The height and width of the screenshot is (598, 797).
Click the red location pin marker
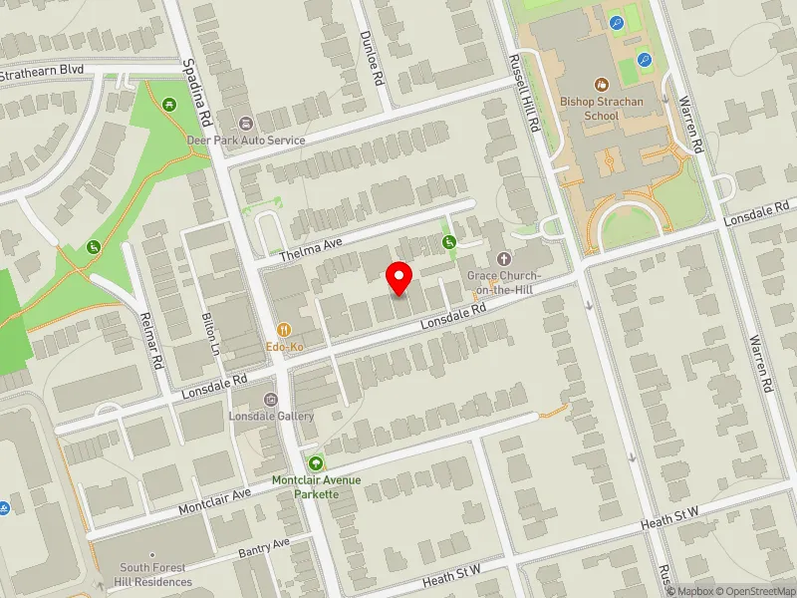(398, 278)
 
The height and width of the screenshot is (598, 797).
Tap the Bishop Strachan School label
(603, 109)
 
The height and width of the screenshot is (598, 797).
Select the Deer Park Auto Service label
(245, 141)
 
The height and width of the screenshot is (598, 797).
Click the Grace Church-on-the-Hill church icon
(503, 258)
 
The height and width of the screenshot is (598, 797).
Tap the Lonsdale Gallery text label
(271, 417)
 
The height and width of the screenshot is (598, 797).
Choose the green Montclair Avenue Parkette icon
(317, 462)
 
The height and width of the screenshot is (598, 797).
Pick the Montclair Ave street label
(215, 501)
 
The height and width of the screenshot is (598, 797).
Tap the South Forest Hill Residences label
(156, 575)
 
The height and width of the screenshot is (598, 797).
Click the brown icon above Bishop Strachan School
(602, 86)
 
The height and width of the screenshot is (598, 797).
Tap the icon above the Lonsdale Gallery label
(270, 400)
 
